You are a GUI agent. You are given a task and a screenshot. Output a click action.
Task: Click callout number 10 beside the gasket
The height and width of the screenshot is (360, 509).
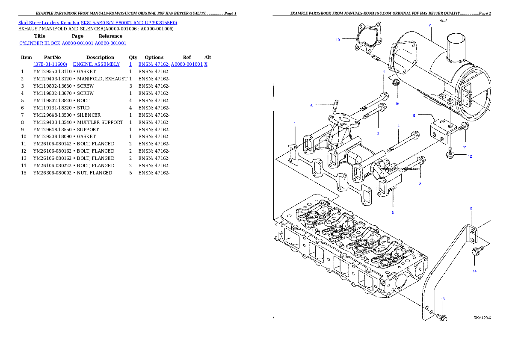coord(337,40)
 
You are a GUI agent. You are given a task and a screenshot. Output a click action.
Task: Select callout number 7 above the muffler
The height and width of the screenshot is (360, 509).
coord(429,25)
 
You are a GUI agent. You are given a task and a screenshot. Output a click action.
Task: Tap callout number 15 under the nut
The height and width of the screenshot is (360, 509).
coord(397,104)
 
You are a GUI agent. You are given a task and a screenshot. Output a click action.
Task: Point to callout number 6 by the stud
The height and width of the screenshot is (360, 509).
coord(312,105)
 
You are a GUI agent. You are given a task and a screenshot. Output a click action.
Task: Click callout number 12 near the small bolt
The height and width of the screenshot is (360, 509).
coord(470,156)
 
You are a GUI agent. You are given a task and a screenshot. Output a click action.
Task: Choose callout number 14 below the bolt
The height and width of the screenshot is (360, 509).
coord(474,271)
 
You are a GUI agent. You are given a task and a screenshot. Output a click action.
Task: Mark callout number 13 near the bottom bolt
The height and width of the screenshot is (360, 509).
coord(443,299)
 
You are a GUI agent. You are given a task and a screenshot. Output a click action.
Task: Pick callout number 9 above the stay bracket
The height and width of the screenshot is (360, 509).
coord(471,209)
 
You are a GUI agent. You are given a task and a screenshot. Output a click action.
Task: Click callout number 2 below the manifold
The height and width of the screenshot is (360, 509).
coord(392,212)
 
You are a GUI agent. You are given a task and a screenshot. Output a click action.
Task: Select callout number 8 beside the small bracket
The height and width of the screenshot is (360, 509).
coord(414,115)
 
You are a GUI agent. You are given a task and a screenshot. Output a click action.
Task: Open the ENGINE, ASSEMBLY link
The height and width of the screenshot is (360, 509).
coord(96,64)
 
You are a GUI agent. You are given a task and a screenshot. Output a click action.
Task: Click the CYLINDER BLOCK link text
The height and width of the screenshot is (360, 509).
coord(40,44)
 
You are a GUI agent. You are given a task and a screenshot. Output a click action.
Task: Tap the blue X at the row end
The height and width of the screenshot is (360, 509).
coord(206,64)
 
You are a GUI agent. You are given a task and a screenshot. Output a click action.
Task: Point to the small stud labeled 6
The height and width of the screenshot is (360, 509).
coord(336,104)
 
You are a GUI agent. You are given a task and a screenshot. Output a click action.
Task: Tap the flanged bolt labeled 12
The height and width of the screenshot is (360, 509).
coord(450,155)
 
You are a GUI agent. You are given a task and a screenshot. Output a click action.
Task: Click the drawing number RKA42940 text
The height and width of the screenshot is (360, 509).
coord(482,318)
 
